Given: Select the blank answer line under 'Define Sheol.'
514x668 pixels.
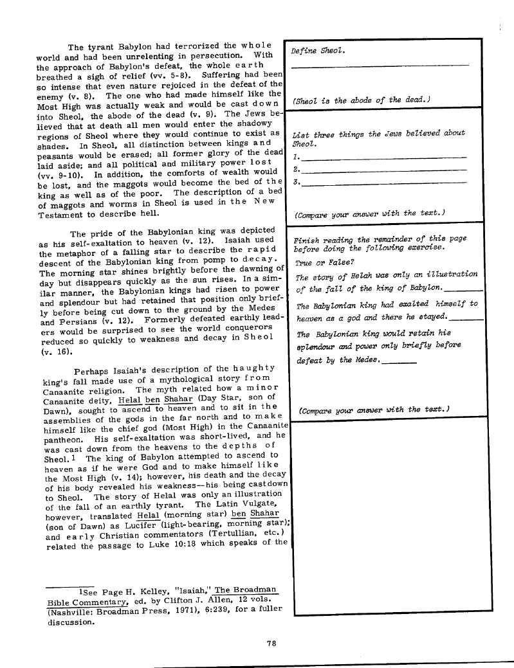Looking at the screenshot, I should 380,66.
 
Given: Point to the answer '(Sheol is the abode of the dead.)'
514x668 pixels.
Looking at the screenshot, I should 361,100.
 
